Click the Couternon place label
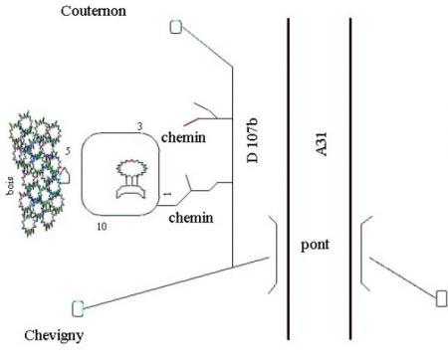94,11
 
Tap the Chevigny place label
54,336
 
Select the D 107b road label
253,140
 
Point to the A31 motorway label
321,144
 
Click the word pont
315,245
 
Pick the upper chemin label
183,137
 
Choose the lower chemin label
191,218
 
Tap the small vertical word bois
10,186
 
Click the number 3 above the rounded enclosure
139,126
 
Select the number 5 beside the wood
68,151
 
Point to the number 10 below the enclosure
102,227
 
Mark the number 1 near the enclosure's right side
167,194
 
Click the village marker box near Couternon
176,27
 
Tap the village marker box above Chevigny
78,308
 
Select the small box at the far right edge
441,298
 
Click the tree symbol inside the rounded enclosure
131,179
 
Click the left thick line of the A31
288,179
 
